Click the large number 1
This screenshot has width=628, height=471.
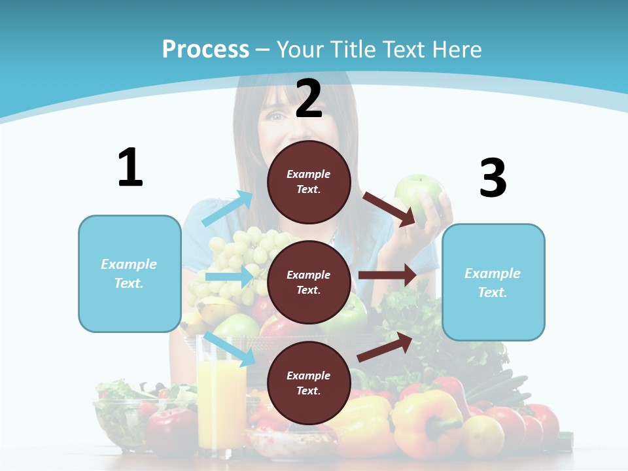click(x=130, y=168)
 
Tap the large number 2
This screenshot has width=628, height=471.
click(x=309, y=99)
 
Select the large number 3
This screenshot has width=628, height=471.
click(x=493, y=179)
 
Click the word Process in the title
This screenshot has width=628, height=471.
click(x=205, y=49)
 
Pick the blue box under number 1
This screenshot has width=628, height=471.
click(x=130, y=273)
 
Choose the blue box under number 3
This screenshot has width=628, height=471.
click(x=493, y=283)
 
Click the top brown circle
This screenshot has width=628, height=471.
click(x=309, y=182)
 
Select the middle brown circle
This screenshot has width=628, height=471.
click(x=309, y=282)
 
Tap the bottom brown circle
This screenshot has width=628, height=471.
click(x=309, y=383)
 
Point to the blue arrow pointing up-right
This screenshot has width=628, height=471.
click(x=228, y=209)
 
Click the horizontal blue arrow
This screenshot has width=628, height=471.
click(x=229, y=277)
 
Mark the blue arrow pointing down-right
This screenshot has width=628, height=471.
click(x=229, y=348)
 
